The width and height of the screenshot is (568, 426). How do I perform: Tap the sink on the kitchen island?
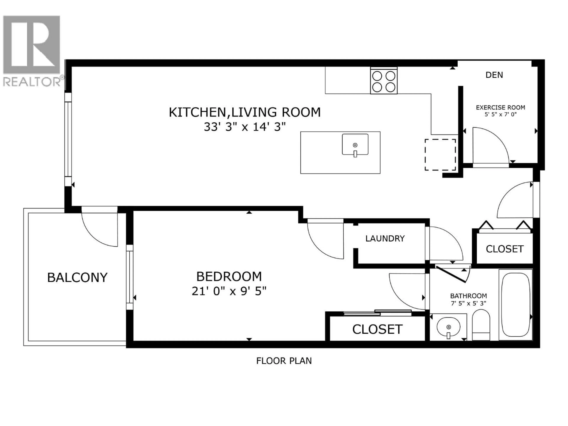[355, 145]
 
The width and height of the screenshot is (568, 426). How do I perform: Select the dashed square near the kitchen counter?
[440, 155]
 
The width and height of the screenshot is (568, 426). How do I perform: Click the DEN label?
[494, 75]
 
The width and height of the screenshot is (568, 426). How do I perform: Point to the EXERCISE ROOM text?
[500, 108]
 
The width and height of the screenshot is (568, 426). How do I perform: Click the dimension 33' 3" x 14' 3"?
[245, 127]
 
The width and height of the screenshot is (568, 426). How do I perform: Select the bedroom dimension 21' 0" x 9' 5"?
[229, 291]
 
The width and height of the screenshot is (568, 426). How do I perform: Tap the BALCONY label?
[77, 278]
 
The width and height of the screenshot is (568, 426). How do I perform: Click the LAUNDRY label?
[385, 239]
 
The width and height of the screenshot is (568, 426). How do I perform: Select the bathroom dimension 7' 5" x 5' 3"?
[468, 303]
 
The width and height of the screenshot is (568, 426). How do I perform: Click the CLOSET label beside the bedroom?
[377, 329]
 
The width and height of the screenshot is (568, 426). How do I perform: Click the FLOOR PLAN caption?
[284, 361]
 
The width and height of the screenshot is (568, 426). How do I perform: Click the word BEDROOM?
[229, 277]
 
